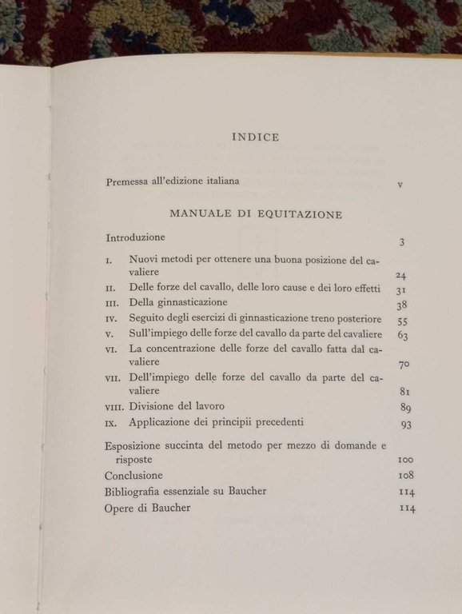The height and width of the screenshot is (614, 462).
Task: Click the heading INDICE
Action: [255, 138]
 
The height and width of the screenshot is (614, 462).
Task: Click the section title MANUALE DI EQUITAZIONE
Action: [257, 214]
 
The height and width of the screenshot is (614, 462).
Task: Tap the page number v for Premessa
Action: [400, 185]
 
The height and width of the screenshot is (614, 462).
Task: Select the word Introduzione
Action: [135, 237]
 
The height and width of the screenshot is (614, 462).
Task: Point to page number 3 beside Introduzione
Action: [404, 242]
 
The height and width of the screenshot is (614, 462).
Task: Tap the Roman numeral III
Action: [112, 304]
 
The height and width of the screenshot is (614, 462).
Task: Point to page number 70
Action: [404, 365]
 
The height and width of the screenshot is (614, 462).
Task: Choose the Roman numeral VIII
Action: [114, 407]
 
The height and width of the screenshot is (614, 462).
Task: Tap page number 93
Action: [405, 425]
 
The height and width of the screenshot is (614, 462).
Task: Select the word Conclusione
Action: [133, 476]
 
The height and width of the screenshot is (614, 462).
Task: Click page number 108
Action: [405, 476]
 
